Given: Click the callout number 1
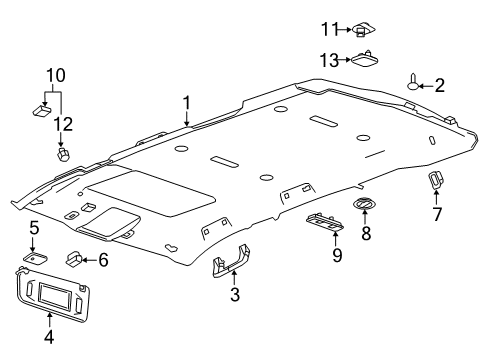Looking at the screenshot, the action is (x=187, y=103).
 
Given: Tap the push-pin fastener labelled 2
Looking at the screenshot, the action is (x=413, y=83).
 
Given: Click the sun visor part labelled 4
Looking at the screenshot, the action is (x=53, y=295).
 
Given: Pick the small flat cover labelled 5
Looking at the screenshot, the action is (x=35, y=258).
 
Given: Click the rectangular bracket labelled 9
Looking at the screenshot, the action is (x=325, y=222).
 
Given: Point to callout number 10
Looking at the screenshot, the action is (x=56, y=76).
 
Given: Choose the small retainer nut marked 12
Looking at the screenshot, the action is (x=62, y=154).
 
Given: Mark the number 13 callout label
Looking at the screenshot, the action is (x=329, y=60).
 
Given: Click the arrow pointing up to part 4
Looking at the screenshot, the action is (x=49, y=320).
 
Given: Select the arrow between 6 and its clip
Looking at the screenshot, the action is (x=89, y=260).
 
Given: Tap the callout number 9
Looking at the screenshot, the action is (x=337, y=255).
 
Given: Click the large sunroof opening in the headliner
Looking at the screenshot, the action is (x=150, y=193).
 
